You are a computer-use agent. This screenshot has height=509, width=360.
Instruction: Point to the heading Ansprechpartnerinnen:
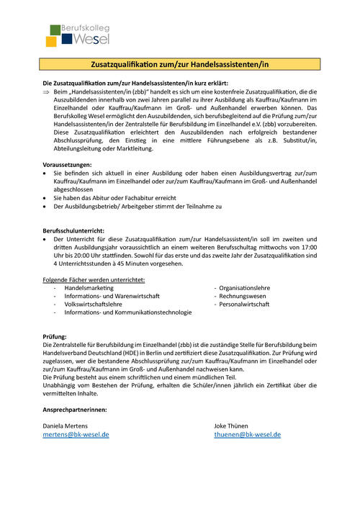pyautogui.click(x=76, y=410)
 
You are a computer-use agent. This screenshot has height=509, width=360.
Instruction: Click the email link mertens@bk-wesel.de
pyautogui.click(x=76, y=435)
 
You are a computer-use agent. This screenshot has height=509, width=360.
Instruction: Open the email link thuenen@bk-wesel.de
pyautogui.click(x=247, y=435)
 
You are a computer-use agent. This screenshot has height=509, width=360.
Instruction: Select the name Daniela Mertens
pyautogui.click(x=71, y=426)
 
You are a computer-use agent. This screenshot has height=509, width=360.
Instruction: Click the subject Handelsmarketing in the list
pyautogui.click(x=89, y=287)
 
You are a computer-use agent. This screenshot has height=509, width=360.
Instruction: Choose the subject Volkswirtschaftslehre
pyautogui.click(x=93, y=304)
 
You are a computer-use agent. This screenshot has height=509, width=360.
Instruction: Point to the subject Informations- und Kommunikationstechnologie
pyautogui.click(x=127, y=312)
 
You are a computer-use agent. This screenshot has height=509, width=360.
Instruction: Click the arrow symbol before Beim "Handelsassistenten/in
pyautogui.click(x=47, y=92)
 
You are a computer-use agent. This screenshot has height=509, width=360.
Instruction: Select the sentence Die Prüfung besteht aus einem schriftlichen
pyautogui.click(x=138, y=377)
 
